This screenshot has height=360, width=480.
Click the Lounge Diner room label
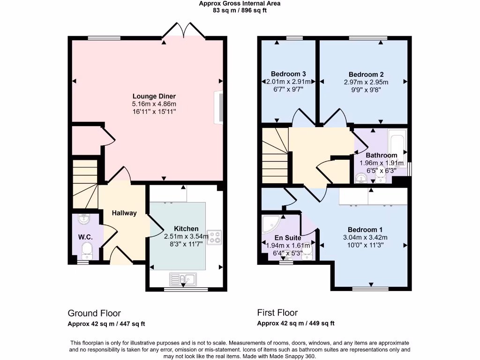[x=148, y=96]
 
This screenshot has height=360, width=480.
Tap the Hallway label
[x=124, y=213]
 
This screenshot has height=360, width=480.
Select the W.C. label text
[x=85, y=237]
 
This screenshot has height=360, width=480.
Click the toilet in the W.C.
[x=87, y=251]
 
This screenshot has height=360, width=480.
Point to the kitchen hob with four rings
[x=214, y=237]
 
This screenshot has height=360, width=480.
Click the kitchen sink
[x=183, y=280]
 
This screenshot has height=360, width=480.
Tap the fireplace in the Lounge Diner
[x=218, y=108]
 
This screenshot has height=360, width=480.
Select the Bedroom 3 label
[x=288, y=74]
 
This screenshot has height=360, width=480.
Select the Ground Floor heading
[x=94, y=313]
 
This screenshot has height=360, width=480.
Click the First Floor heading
[x=277, y=313]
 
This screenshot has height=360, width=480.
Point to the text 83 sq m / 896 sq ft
[x=240, y=10]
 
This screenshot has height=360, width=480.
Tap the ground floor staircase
[x=85, y=184]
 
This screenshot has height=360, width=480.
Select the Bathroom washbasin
[x=361, y=178]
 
